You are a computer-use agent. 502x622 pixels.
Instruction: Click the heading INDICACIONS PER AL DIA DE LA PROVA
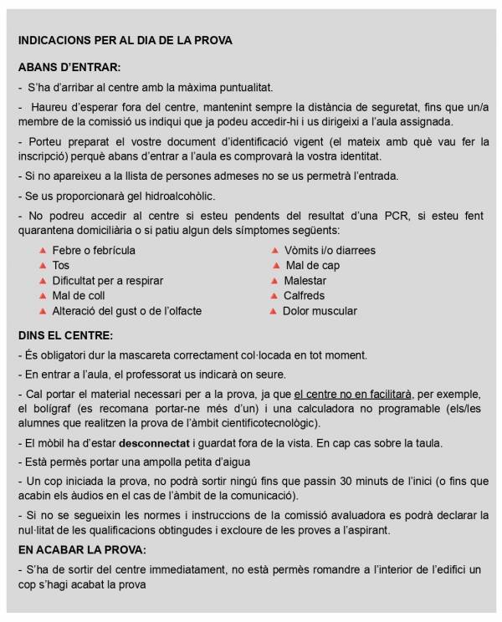click(125, 40)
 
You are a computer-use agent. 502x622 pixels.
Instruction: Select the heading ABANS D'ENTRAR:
click(69, 67)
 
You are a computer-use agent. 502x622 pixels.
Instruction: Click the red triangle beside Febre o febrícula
click(43, 251)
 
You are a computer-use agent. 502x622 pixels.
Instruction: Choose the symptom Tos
click(60, 266)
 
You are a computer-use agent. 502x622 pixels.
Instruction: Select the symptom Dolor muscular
click(320, 311)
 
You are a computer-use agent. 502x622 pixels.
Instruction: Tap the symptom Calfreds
click(305, 296)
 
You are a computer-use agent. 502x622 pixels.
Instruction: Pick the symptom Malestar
click(305, 281)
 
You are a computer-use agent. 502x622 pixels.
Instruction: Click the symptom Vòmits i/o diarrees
click(330, 251)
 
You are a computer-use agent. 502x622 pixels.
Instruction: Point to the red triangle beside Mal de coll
click(43, 296)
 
